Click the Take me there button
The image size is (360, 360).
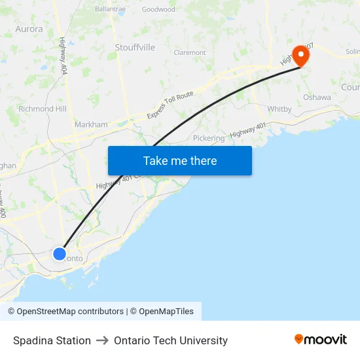coord(179,160)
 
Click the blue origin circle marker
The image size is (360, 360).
coord(60,253)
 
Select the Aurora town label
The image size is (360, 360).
coord(29,29)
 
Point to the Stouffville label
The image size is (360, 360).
coord(135,47)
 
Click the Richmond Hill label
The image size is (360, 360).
coord(43,109)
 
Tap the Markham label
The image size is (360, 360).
coord(92,124)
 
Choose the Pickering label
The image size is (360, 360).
coord(209,138)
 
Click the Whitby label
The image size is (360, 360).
coord(279,109)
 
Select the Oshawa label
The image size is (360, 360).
coord(317,97)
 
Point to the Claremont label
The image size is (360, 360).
coord(190,52)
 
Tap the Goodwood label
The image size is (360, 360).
coord(158,9)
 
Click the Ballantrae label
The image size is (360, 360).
coord(110,9)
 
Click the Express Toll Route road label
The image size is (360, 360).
coord(170,105)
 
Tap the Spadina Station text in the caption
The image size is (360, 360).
coord(52,340)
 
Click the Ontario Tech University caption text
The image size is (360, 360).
coord(171,340)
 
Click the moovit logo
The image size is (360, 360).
coord(321,339)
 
